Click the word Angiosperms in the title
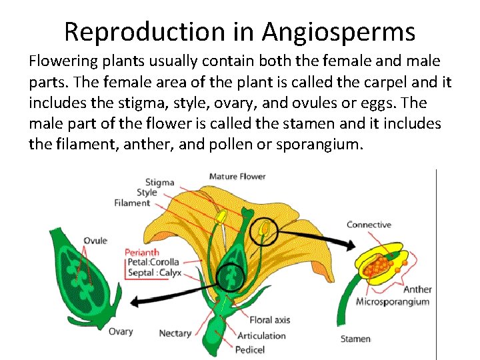(338, 31)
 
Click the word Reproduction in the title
(145, 31)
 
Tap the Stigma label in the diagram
(159, 182)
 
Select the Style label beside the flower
(147, 193)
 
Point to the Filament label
(132, 203)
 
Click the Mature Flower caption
(237, 177)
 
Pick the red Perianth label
(142, 253)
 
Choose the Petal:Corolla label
(154, 263)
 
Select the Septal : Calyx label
(154, 273)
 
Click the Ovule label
(95, 241)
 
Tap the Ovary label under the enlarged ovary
(121, 331)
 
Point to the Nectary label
(175, 333)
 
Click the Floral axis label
(270, 320)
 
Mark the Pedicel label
(251, 349)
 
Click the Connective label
(369, 225)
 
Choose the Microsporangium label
(393, 302)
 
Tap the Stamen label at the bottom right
(355, 339)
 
